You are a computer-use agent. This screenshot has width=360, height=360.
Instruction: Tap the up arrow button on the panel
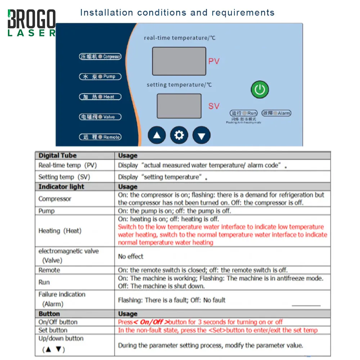[x=157, y=135]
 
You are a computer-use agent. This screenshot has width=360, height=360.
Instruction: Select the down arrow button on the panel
[x=202, y=136]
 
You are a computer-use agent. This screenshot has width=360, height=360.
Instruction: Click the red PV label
[x=214, y=61]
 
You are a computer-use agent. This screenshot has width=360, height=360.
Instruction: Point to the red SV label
[x=214, y=106]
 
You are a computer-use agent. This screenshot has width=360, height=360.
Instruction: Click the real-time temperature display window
[x=179, y=61]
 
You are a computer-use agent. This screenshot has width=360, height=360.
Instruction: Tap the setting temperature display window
[x=179, y=106]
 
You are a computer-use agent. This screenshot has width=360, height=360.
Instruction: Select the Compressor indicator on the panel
[x=100, y=57]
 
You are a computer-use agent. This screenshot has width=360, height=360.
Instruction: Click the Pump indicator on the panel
[x=100, y=77]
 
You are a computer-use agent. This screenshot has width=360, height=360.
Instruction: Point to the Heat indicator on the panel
[x=100, y=97]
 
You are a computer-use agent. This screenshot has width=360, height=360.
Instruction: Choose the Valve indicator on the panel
[x=100, y=117]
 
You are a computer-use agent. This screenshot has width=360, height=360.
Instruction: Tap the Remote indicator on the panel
[x=100, y=137]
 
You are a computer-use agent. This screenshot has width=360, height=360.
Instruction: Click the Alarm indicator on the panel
[x=276, y=113]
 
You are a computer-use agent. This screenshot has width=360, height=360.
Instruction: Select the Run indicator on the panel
[x=244, y=113]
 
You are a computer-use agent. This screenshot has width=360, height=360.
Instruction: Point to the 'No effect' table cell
[x=131, y=256]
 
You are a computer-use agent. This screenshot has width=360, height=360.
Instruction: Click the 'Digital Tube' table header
[x=58, y=156]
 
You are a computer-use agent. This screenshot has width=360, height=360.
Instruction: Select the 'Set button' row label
[x=53, y=330]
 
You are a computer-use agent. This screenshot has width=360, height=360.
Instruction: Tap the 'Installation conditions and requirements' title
[x=177, y=13]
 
